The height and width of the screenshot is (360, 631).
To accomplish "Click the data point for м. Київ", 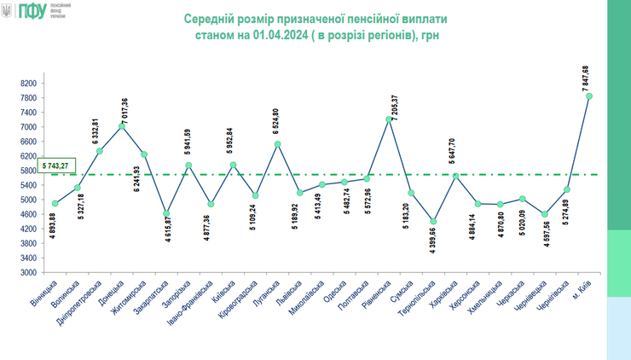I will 589,96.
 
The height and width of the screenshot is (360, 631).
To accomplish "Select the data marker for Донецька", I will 122,126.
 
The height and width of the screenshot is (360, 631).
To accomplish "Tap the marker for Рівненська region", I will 389,119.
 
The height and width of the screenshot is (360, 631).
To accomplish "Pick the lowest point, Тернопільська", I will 433,222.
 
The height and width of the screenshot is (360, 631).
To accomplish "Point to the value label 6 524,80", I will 275,123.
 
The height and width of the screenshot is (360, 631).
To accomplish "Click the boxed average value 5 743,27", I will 56,165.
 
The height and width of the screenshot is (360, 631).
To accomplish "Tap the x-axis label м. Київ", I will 582,289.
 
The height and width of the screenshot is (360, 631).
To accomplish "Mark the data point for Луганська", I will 278,144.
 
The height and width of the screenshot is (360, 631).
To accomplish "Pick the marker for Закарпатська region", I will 166,213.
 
